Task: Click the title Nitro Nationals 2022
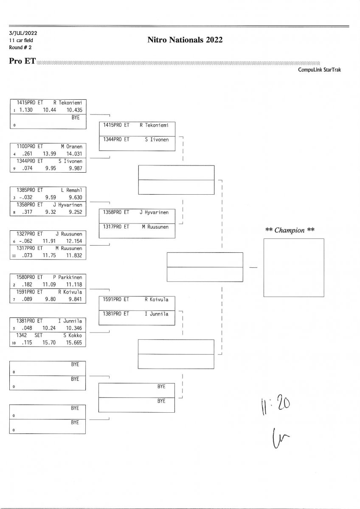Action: point(185,40)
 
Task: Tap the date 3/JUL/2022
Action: point(22,33)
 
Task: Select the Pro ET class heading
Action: point(22,61)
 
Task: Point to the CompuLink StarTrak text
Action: point(319,70)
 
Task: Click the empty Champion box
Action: point(293,267)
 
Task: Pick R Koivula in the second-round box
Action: point(156,299)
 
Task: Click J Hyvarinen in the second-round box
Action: point(154,212)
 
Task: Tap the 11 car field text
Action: point(21,40)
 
